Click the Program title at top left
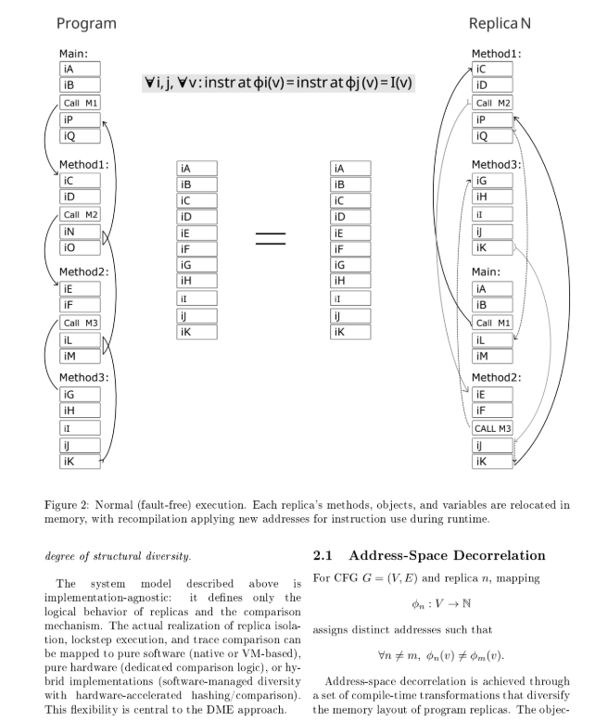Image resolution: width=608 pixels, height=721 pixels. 86,23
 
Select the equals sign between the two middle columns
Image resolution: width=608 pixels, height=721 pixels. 271,238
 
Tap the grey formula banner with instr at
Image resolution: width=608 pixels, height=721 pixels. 278,82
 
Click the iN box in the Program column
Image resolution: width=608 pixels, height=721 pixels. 79,232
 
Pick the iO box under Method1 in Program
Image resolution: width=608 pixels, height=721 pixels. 79,248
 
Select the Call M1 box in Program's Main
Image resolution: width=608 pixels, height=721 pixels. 79,103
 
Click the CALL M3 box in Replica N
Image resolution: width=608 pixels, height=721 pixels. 492,429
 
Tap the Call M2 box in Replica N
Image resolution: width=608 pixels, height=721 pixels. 492,103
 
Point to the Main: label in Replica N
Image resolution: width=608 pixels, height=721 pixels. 486,272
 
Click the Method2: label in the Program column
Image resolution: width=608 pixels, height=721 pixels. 84,272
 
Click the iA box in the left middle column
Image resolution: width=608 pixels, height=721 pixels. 196,169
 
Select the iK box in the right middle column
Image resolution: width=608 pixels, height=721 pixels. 350,332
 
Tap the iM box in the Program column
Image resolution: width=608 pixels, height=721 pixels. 79,356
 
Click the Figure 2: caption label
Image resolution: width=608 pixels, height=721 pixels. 72,505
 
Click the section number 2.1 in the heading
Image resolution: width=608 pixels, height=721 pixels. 323,556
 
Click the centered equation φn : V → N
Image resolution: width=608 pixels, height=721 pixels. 442,604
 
